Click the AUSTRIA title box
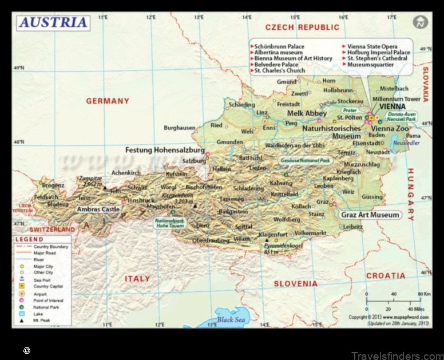(54, 22)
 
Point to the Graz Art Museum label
(370, 215)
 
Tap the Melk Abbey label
(307, 114)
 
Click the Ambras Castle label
(98, 209)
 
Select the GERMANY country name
(108, 101)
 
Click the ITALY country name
(137, 279)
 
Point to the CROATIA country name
(386, 275)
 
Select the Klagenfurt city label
(273, 234)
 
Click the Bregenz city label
(53, 185)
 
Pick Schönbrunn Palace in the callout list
(279, 46)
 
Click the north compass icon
(421, 22)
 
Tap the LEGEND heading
(29, 239)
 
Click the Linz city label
(262, 113)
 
